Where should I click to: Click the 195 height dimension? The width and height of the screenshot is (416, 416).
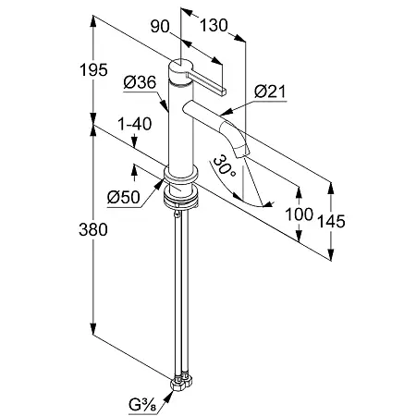[x=93, y=69]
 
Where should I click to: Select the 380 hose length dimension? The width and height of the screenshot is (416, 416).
[x=93, y=229]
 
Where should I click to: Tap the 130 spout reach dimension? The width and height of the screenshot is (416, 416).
[x=214, y=25]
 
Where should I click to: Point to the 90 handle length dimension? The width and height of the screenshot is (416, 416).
[x=160, y=26]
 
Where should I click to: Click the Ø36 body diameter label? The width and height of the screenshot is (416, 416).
[x=140, y=82]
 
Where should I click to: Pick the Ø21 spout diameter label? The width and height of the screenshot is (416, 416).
[x=270, y=92]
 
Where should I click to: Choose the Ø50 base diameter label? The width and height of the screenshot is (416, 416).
[x=124, y=197]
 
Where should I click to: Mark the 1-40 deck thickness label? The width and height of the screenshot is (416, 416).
[x=135, y=124]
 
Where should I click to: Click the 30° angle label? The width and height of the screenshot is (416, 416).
[x=224, y=167]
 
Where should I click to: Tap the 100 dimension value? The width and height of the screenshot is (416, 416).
[x=299, y=214]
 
